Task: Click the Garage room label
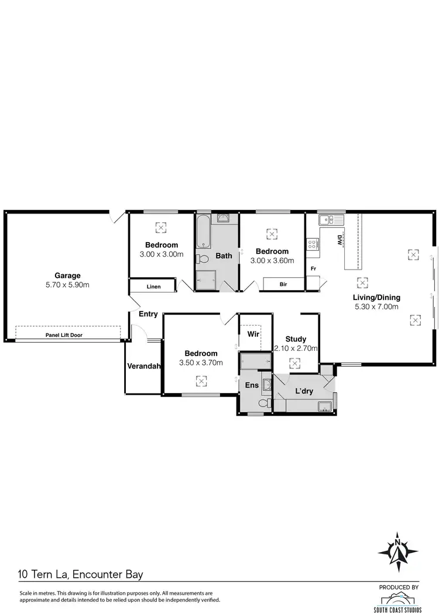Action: tap(67, 275)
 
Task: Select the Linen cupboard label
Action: tap(153, 287)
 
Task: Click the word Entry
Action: tap(148, 314)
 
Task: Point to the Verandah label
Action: tap(144, 367)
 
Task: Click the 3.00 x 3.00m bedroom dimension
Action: tap(162, 254)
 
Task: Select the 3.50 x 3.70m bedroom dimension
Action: tap(201, 363)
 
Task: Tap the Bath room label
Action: tap(224, 256)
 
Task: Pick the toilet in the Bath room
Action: tap(203, 259)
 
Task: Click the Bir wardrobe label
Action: tap(283, 284)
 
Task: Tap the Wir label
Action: tap(253, 334)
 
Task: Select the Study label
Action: tap(296, 339)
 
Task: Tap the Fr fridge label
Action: tap(314, 269)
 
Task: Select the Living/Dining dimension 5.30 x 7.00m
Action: tap(376, 306)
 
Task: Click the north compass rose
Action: tap(398, 551)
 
